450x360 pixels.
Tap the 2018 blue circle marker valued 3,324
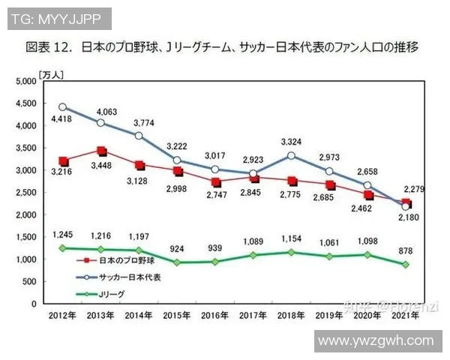click(x=291, y=156)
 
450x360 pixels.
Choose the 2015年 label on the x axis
click(x=177, y=316)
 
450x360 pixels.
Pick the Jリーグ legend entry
click(x=111, y=295)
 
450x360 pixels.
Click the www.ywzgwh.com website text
click(x=376, y=340)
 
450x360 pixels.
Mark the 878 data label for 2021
click(x=406, y=250)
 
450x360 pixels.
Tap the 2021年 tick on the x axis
click(x=406, y=316)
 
